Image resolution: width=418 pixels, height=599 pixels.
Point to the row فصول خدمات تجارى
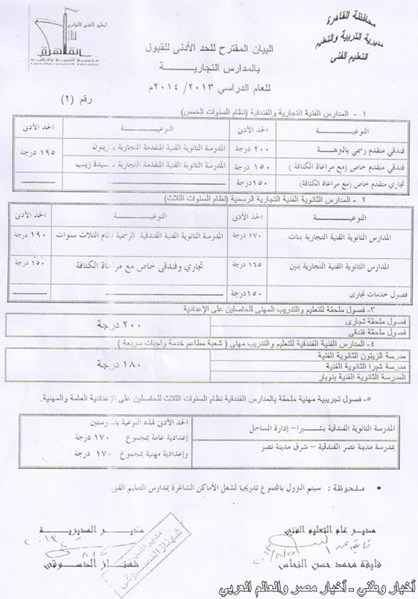click(x=367, y=297)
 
